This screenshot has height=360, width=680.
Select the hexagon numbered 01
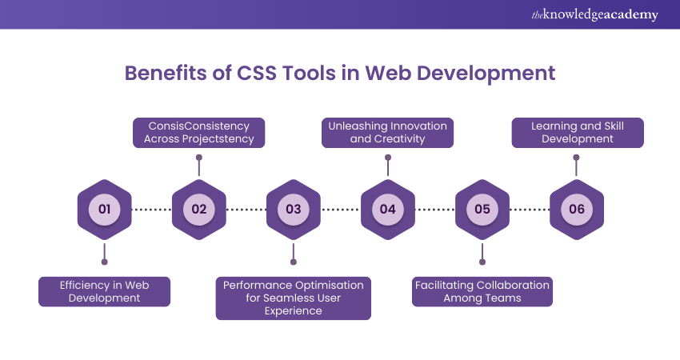pyautogui.click(x=104, y=210)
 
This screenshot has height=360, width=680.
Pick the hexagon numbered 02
pyautogui.click(x=198, y=210)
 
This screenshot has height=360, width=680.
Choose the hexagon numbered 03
pyautogui.click(x=293, y=210)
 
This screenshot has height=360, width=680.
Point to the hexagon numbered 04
pyautogui.click(x=387, y=210)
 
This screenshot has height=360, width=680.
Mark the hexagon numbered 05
pyautogui.click(x=482, y=210)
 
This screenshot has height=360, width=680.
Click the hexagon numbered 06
pyautogui.click(x=576, y=210)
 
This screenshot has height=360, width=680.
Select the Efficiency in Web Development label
pyautogui.click(x=104, y=291)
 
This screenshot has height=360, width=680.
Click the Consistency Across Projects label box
pyautogui.click(x=198, y=132)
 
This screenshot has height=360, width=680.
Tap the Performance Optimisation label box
pyautogui.click(x=293, y=298)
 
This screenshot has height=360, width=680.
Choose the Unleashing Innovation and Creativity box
pyautogui.click(x=387, y=132)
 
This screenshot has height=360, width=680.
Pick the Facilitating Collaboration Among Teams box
pyautogui.click(x=482, y=291)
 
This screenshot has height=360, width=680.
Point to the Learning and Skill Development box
pyautogui.click(x=576, y=132)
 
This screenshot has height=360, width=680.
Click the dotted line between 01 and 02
pyautogui.click(x=151, y=210)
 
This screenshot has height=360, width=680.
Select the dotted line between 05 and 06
pyautogui.click(x=529, y=210)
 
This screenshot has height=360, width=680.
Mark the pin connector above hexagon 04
pyautogui.click(x=387, y=166)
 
